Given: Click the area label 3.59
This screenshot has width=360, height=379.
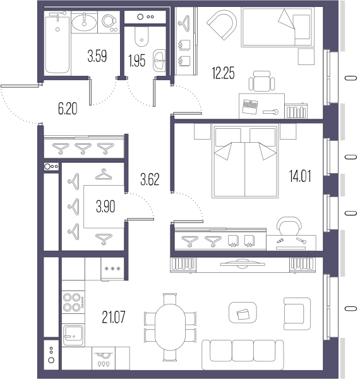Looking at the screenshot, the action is pyautogui.click(x=97, y=56).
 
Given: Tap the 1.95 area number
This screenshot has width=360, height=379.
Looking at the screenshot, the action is pyautogui.click(x=137, y=61).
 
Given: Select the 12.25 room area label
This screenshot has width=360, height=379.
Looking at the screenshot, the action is pyautogui.click(x=223, y=73).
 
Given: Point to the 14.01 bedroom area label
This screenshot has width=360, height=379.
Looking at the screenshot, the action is pyautogui.click(x=300, y=176).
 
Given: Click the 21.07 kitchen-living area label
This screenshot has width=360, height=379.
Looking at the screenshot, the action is pyautogui.click(x=114, y=317).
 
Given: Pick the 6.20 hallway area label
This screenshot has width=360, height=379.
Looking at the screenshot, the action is pyautogui.click(x=68, y=109).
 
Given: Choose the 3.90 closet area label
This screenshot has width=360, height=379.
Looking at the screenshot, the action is pyautogui.click(x=105, y=207).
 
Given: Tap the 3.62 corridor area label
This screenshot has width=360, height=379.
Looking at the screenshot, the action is pyautogui.click(x=150, y=179).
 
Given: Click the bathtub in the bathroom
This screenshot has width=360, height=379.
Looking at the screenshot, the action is pyautogui.click(x=57, y=42).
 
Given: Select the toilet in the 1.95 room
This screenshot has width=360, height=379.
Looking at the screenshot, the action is pyautogui.click(x=141, y=37).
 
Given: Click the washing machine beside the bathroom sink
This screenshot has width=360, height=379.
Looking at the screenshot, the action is pyautogui.click(x=109, y=21).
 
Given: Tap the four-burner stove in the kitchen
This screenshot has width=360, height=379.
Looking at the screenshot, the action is pyautogui.click(x=73, y=302).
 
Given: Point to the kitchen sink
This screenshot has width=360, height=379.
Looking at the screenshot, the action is pyautogui.click(x=73, y=335).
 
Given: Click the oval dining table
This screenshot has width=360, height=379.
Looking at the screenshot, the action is pyautogui.click(x=170, y=327).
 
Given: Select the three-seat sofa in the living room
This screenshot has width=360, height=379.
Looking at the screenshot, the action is pyautogui.click(x=243, y=354).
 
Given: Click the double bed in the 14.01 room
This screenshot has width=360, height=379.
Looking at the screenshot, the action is pyautogui.click(x=245, y=160).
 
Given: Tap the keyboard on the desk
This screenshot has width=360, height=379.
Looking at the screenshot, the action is pyautogui.click(x=250, y=106).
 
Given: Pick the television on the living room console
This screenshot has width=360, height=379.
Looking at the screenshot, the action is pyautogui.click(x=243, y=263).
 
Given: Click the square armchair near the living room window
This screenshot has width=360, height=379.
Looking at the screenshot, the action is pyautogui.click(x=297, y=314).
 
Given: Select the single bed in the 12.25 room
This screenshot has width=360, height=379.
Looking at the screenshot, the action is pyautogui.click(x=278, y=27).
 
